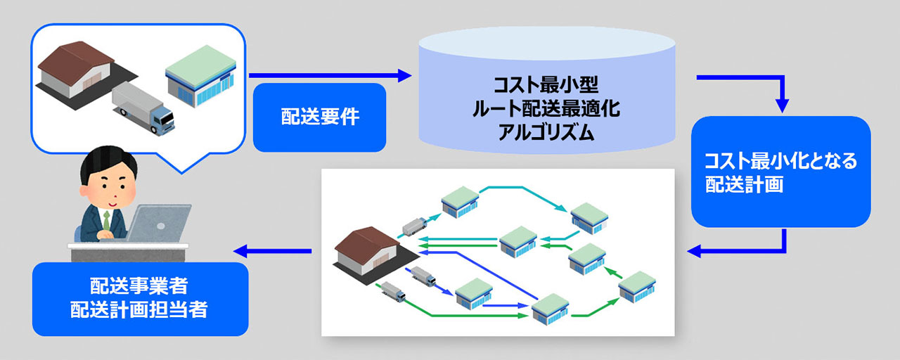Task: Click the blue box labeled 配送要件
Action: tap(319, 117)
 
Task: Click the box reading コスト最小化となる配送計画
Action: tap(780, 172)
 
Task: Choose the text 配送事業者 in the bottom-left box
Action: tap(139, 285)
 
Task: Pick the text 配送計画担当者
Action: tap(139, 309)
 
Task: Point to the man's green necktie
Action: tap(106, 220)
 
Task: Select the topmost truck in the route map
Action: tap(415, 226)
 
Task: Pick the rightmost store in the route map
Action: tap(637, 286)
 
